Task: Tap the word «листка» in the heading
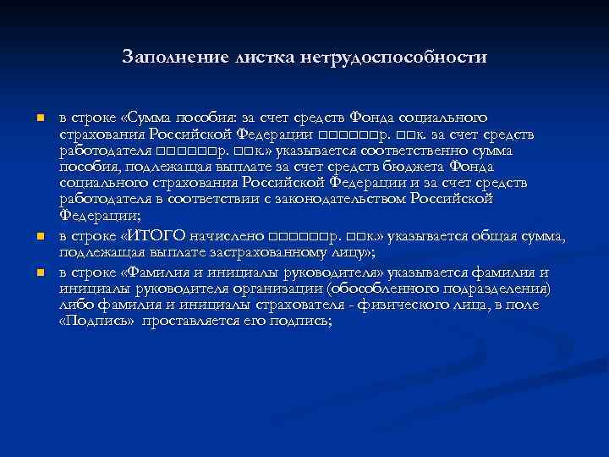coord(249,58)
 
